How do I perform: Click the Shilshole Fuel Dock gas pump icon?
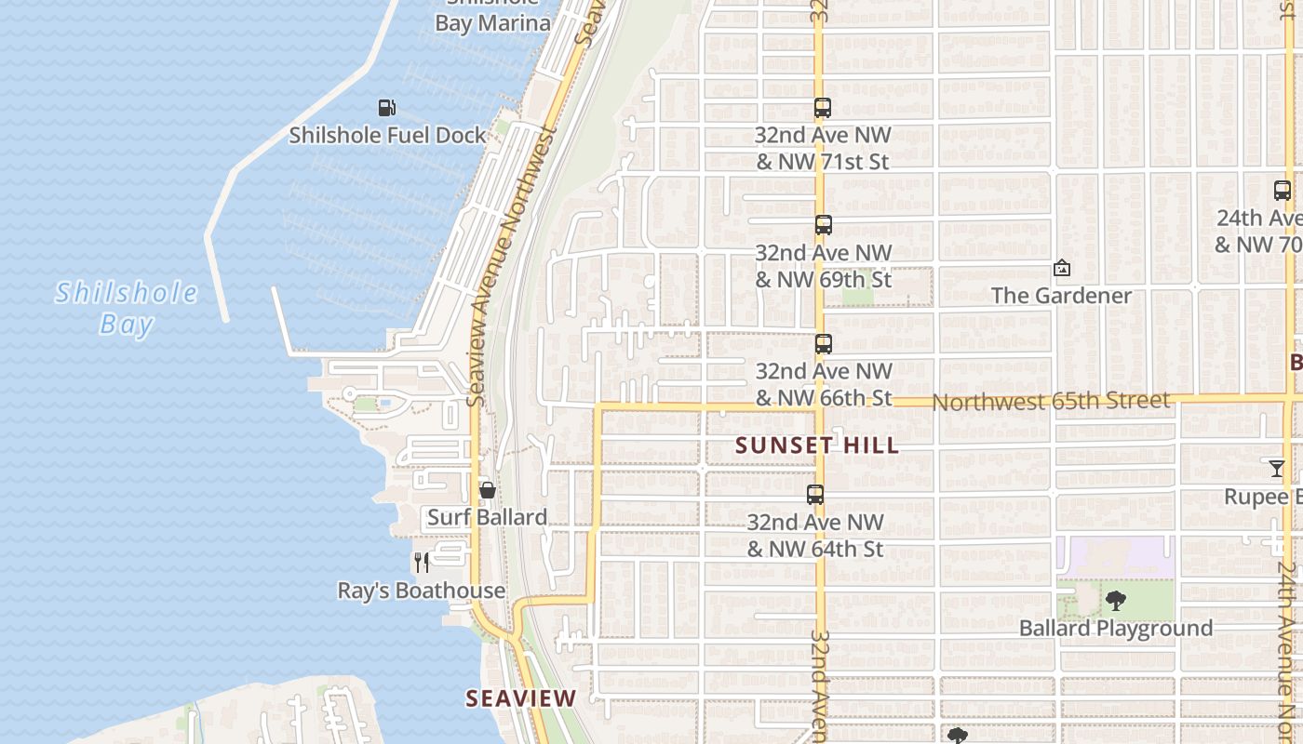pos(387,108)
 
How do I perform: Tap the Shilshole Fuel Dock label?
pos(387,136)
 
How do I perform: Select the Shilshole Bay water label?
pos(127,309)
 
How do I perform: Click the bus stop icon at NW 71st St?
pos(822,108)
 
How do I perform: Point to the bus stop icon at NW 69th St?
pos(823,225)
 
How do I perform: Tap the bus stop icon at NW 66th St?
pos(823,344)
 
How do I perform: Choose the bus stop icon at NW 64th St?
pos(815,495)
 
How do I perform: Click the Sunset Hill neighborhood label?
pos(817,445)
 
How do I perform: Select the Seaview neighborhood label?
pos(521,697)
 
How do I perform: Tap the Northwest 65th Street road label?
pos(1051,401)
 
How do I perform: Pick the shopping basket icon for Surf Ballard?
pos(487,490)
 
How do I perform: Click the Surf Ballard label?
pos(487,517)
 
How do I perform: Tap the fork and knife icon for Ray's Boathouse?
pos(422,563)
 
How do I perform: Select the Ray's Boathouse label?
pos(422,591)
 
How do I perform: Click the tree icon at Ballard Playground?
pos(1115,601)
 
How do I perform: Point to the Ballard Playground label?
pos(1116,629)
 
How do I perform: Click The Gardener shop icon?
pos(1061,269)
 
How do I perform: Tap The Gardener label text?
pos(1061,296)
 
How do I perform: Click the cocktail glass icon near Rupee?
pos(1277,469)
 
